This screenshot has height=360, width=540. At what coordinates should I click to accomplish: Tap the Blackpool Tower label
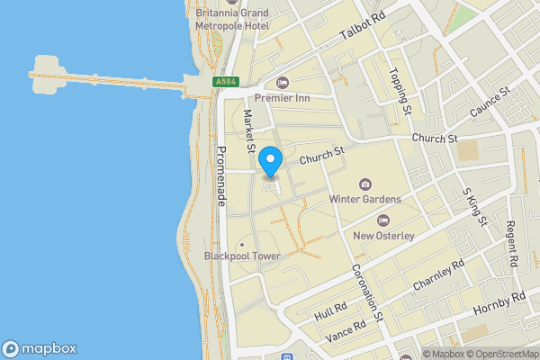pyautogui.click(x=242, y=256)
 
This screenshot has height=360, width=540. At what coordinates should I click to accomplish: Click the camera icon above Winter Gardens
pyautogui.click(x=364, y=184)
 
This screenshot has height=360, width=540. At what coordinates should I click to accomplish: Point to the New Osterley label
pyautogui.click(x=382, y=236)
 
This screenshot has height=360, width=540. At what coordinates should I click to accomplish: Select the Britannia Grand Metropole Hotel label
pyautogui.click(x=231, y=21)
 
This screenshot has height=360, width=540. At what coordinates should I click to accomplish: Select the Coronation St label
pyautogui.click(x=368, y=290)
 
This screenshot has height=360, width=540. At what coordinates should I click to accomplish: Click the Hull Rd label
pyautogui.click(x=330, y=312)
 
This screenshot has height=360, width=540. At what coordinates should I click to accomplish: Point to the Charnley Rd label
pyautogui.click(x=438, y=274)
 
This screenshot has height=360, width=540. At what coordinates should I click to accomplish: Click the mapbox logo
pyautogui.click(x=40, y=348)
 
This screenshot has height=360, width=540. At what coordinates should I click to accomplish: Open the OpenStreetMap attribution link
pyautogui.click(x=499, y=354)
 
